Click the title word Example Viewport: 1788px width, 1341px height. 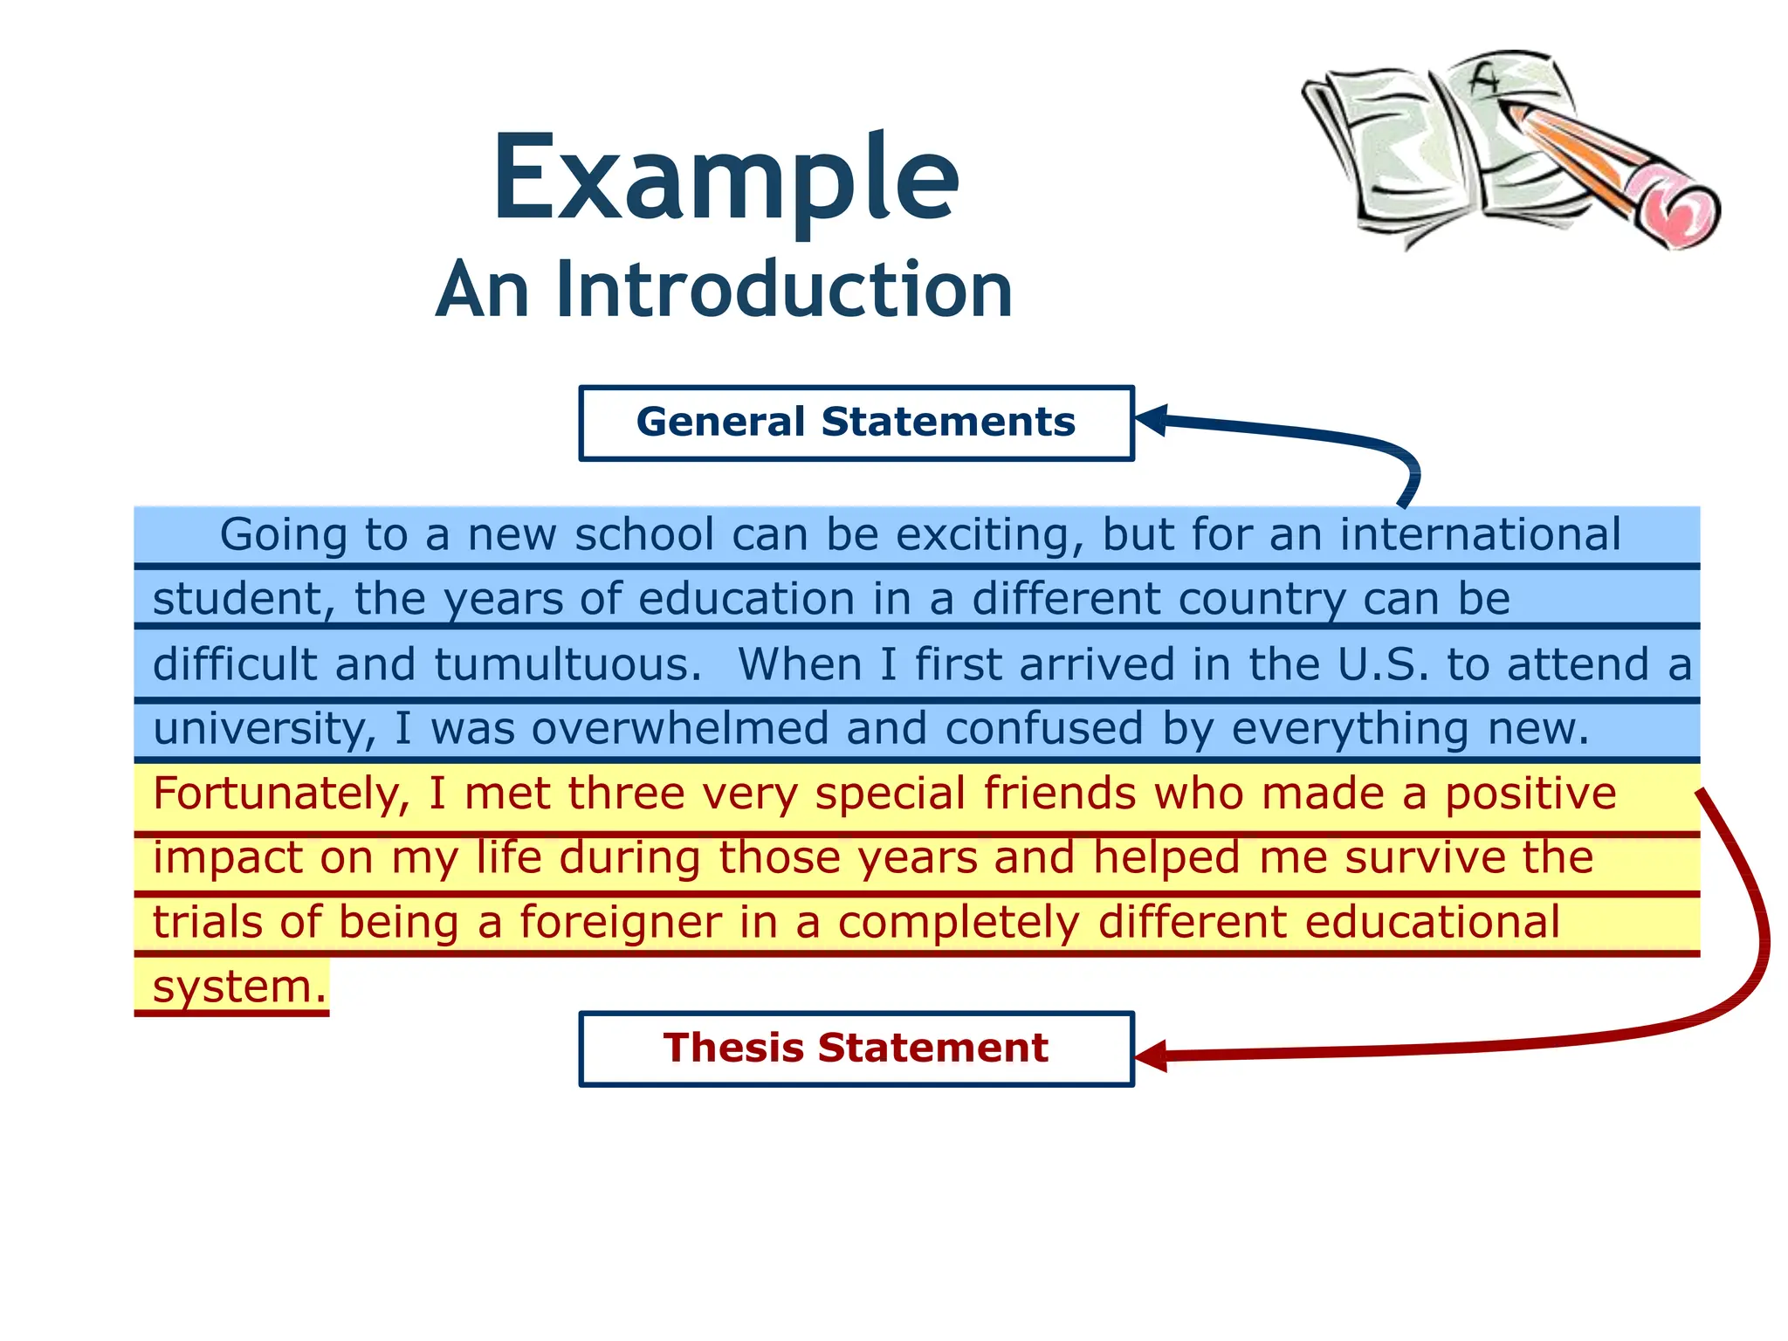coord(726,179)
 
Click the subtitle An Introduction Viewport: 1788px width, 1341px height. coord(724,290)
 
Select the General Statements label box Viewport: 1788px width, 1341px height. coord(856,423)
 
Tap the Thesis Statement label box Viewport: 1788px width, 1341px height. coord(856,1049)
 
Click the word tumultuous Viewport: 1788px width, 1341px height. coord(567,665)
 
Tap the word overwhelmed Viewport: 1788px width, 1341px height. coord(680,729)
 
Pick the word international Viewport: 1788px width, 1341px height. coord(1480,534)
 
